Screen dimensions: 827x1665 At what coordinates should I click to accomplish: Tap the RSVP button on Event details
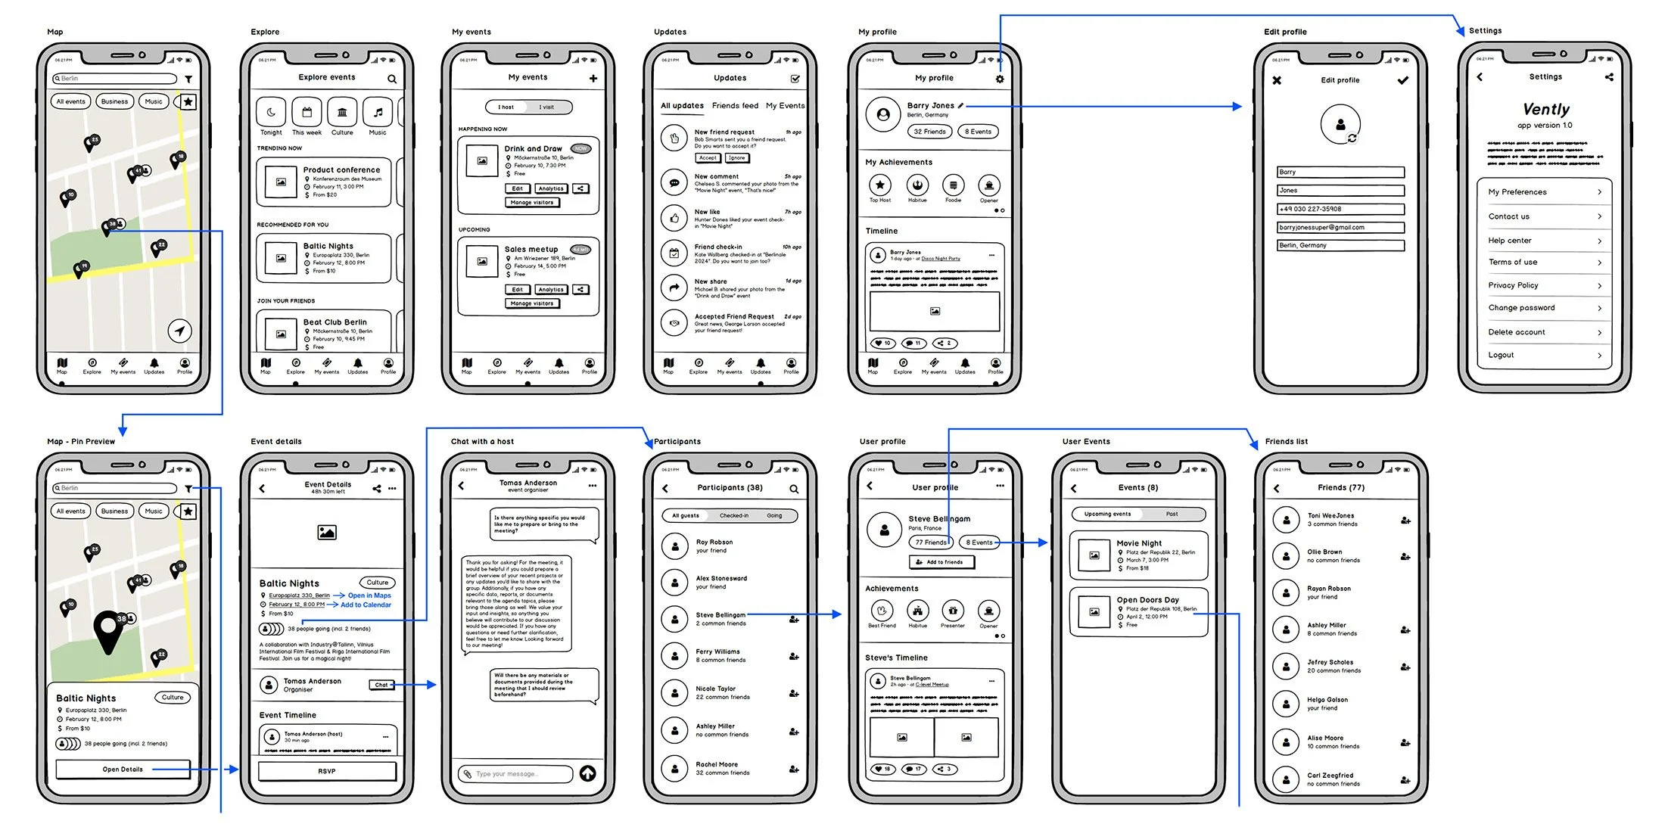(x=327, y=771)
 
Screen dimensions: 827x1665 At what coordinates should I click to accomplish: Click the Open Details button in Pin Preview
(x=123, y=769)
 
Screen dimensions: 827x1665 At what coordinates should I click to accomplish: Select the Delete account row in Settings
(x=1544, y=332)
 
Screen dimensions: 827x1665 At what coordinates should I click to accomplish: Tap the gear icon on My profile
(x=1000, y=79)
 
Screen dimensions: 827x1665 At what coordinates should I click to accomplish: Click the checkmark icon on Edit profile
(x=1402, y=80)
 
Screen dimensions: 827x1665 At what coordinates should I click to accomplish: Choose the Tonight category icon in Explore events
(x=271, y=112)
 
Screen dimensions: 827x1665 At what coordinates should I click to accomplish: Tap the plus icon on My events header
(x=593, y=78)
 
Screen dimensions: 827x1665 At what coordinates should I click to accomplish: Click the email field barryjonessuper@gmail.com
(x=1340, y=227)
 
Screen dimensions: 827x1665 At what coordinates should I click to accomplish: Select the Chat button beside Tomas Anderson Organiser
(x=381, y=685)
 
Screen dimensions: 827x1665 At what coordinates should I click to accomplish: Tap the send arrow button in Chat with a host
(x=587, y=773)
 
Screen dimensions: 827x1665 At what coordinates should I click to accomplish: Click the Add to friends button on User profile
(x=941, y=562)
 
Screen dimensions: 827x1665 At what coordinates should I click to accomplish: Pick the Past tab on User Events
(x=1172, y=515)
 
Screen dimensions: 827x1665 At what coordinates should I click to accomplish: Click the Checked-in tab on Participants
(x=733, y=516)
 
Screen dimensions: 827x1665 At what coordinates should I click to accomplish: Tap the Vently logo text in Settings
(x=1545, y=110)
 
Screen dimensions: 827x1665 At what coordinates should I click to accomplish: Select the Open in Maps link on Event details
(x=369, y=595)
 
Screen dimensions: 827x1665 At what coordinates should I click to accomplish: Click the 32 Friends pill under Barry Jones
(x=929, y=132)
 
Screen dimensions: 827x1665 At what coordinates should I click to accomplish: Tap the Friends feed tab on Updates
(x=735, y=106)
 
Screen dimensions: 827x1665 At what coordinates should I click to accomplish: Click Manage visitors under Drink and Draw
(x=531, y=203)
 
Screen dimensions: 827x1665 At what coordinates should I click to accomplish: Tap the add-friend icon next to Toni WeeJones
(x=1405, y=521)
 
